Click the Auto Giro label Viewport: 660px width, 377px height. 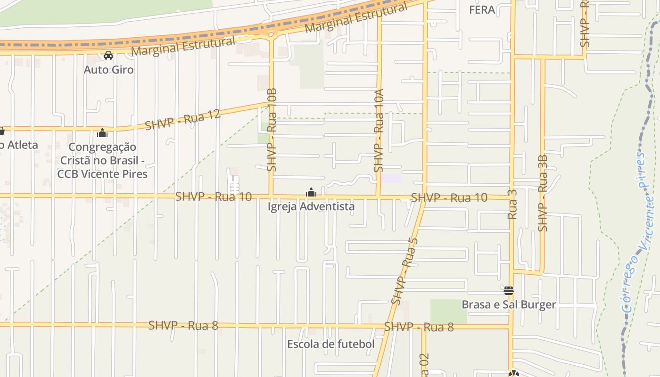(x=108, y=70)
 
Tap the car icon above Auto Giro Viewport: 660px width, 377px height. (x=108, y=56)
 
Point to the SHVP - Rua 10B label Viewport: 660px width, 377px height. (x=272, y=130)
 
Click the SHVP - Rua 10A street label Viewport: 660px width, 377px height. (x=379, y=131)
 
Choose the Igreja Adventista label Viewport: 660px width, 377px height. (x=311, y=206)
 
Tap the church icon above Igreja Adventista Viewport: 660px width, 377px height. (x=311, y=192)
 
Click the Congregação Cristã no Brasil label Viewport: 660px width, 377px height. (x=102, y=160)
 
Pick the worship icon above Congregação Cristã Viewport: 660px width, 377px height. (x=102, y=133)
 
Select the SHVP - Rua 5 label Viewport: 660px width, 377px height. (x=404, y=271)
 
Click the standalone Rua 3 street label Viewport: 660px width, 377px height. (x=512, y=204)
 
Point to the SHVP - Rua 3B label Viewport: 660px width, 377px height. (x=543, y=193)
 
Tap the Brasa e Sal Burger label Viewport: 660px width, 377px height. (x=509, y=304)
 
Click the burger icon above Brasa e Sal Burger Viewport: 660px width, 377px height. (x=508, y=290)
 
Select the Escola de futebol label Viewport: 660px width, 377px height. (x=331, y=344)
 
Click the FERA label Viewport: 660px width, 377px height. (x=482, y=9)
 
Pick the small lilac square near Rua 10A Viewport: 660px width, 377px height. (x=391, y=179)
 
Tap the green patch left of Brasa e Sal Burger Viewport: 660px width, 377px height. (x=448, y=311)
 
